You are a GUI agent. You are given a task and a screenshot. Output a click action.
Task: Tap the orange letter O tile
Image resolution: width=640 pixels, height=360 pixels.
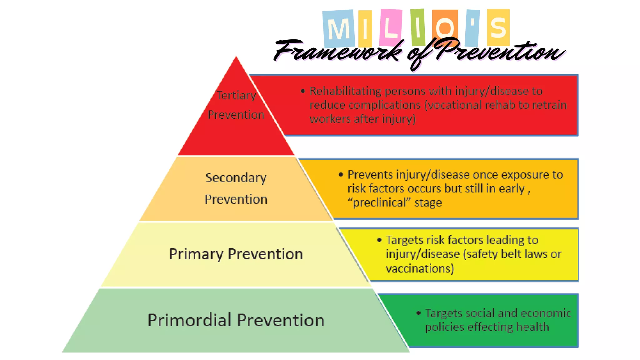[x=445, y=27]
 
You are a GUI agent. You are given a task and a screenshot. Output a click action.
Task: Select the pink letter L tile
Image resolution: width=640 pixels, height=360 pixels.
[x=390, y=27]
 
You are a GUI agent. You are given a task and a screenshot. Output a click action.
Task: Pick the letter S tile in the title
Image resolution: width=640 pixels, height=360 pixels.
[x=498, y=27]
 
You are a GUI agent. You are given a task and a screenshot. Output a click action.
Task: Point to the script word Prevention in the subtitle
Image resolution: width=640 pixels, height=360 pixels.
[x=500, y=51]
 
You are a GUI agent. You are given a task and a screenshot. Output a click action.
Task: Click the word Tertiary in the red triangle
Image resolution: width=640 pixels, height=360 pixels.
[x=236, y=95]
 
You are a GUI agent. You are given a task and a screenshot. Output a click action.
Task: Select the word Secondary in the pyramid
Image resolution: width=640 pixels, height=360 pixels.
[x=236, y=178]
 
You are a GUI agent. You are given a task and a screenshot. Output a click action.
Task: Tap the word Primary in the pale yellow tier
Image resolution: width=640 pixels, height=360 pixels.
[x=196, y=254]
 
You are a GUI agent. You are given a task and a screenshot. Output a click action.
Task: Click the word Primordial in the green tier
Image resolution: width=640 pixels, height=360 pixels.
[x=189, y=320]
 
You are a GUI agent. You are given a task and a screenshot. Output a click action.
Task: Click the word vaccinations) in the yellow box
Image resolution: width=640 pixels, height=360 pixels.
[x=420, y=268]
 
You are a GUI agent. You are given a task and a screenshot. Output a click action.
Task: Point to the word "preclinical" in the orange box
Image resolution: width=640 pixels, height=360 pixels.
[x=379, y=202]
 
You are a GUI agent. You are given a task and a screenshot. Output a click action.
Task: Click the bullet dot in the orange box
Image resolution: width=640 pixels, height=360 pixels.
[x=341, y=174]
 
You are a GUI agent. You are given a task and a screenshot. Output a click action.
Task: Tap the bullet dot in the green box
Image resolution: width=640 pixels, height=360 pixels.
[x=418, y=313]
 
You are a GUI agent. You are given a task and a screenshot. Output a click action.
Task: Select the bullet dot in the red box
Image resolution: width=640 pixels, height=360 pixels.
[x=302, y=91]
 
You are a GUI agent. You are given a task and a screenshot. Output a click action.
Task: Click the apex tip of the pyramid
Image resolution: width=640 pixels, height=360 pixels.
[x=236, y=57]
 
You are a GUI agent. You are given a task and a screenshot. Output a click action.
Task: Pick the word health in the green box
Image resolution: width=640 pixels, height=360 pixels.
[x=532, y=327]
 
